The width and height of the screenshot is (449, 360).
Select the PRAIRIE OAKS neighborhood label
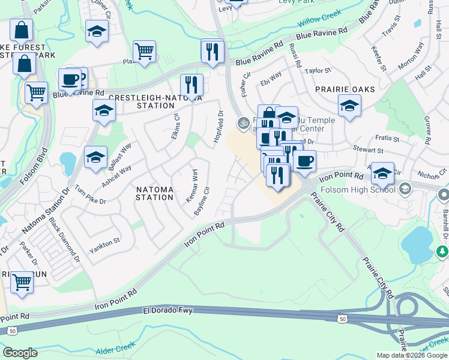345,89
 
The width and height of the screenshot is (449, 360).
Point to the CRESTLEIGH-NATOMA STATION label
156,101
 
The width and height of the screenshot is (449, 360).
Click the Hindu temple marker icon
243,124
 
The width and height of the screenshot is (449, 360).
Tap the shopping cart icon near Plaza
144,52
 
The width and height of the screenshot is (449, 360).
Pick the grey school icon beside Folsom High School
405,190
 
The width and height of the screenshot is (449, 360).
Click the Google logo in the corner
20,353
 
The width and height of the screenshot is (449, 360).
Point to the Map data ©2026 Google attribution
412,355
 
